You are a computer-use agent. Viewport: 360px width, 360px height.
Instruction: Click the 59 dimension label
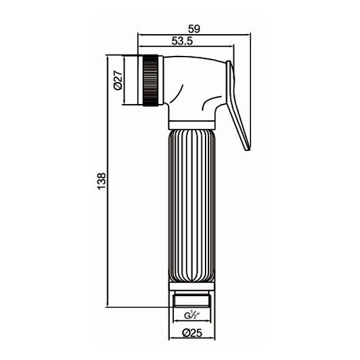(x=194, y=29)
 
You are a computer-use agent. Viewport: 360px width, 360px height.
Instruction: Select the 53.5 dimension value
(x=182, y=41)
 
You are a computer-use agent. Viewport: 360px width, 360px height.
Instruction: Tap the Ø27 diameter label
(x=118, y=80)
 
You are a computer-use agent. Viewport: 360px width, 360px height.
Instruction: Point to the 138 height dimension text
(x=102, y=181)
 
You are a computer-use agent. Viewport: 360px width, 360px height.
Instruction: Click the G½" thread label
(x=192, y=316)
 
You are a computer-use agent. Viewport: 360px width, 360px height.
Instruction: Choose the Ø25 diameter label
(x=192, y=333)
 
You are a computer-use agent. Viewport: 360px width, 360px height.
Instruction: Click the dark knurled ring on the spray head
(x=151, y=80)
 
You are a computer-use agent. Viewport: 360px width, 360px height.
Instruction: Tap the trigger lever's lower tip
(x=247, y=149)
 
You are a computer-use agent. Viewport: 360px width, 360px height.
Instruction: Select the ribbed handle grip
(x=192, y=206)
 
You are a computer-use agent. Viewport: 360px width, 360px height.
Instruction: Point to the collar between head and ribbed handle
(x=192, y=125)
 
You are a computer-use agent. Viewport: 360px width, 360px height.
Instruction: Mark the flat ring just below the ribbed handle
(x=192, y=286)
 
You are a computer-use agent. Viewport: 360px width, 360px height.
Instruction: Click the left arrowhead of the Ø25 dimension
(x=171, y=338)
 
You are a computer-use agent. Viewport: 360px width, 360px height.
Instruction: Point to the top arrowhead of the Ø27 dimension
(x=124, y=58)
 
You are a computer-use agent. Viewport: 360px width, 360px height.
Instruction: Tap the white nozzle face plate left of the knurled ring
(x=140, y=80)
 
